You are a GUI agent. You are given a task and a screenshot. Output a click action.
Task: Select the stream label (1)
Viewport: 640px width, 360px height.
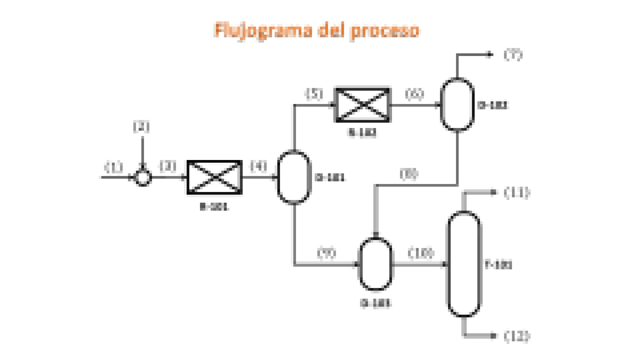(114, 167)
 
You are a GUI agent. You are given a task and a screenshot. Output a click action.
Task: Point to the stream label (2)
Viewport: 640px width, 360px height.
(141, 127)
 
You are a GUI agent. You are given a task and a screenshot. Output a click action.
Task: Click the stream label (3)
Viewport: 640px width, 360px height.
(168, 166)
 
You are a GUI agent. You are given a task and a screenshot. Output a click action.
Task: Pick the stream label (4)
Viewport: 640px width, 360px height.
(259, 166)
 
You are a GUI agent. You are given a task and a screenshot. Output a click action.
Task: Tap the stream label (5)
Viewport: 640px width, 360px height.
(315, 94)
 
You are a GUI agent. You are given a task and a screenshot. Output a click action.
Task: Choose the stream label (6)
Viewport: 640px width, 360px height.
(414, 94)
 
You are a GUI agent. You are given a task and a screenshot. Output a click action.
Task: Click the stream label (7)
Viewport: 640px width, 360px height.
(513, 55)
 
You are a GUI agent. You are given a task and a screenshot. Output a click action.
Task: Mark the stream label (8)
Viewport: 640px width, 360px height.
(409, 174)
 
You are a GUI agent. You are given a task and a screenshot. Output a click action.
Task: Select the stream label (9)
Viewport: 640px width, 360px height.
(327, 253)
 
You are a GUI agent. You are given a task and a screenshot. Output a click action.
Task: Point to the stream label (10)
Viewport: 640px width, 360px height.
(421, 253)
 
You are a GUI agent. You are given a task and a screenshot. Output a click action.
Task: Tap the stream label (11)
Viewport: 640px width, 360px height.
(517, 193)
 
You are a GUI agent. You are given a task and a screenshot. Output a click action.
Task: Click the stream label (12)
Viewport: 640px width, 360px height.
(517, 336)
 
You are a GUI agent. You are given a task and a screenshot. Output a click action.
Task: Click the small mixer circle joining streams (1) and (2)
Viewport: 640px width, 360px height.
(143, 177)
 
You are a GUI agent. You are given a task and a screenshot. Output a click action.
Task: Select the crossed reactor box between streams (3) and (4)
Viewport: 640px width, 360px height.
(214, 177)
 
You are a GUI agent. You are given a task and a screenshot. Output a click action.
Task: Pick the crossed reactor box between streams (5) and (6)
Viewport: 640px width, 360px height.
(362, 105)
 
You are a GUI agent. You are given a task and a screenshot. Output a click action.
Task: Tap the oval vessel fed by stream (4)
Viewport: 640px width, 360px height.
(294, 177)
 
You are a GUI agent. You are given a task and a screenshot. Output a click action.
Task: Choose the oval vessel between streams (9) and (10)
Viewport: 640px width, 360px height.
(376, 264)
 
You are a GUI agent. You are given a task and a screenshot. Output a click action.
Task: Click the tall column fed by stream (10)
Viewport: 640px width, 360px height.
(464, 264)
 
